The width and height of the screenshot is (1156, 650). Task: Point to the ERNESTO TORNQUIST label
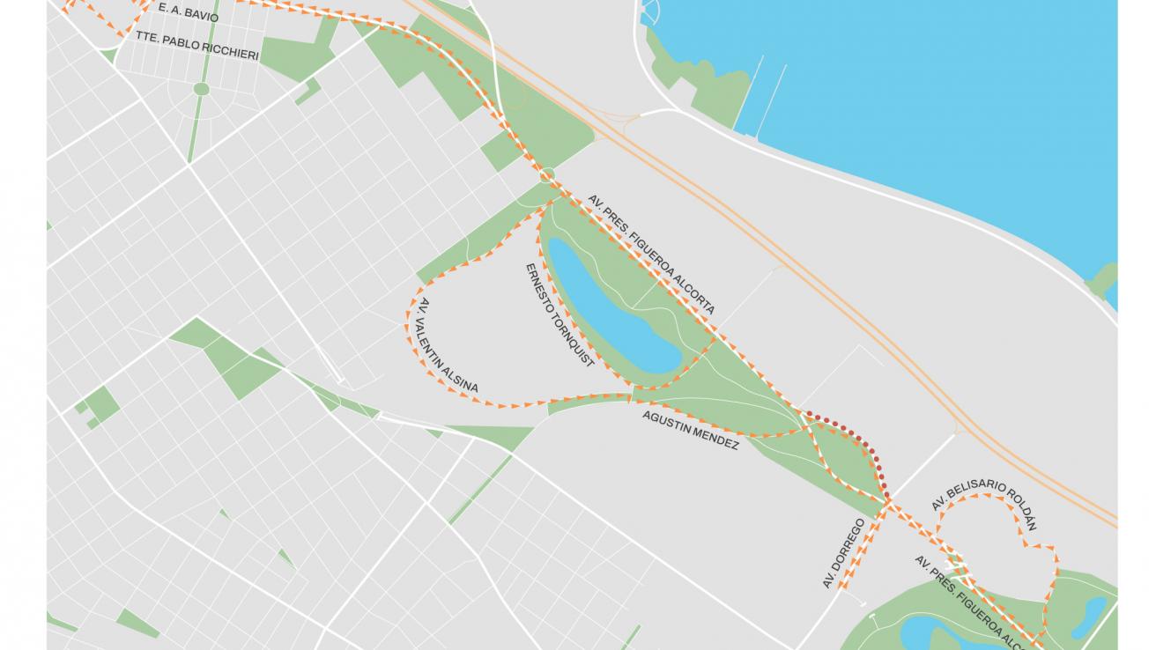pos(559,314)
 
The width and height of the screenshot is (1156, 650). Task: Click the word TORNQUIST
pos(574,340)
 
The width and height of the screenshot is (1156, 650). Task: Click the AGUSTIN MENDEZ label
pos(690,430)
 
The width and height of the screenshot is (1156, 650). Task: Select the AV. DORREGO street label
pos(843,553)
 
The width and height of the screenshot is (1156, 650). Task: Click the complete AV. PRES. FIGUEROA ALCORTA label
pos(650,255)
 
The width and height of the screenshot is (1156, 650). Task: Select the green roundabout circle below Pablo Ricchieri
pos(201,89)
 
